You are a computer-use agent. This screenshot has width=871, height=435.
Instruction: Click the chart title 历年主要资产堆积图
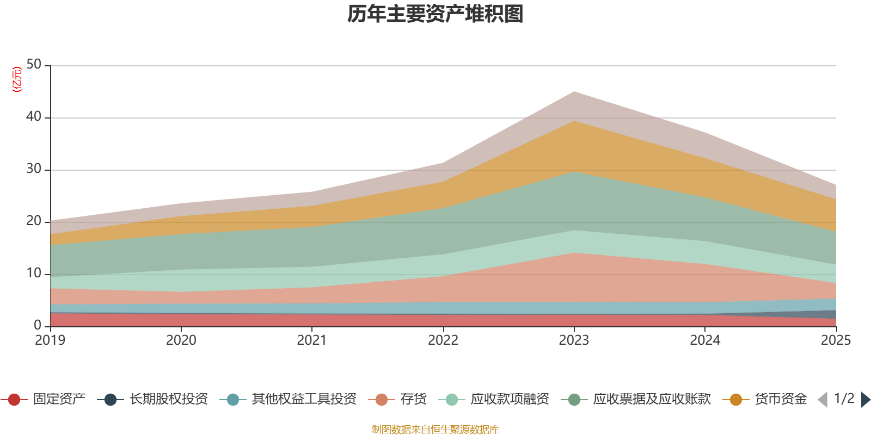tap(436, 14)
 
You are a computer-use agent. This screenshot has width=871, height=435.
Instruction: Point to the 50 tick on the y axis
tap(34, 64)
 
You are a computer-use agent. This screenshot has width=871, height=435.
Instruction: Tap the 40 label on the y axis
tap(34, 116)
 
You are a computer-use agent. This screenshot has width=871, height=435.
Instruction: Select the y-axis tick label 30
tap(34, 169)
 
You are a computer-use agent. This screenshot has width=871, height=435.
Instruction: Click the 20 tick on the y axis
tap(34, 221)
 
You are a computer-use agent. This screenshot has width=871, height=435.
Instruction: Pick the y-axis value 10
tap(34, 273)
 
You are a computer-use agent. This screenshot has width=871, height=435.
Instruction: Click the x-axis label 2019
tap(50, 340)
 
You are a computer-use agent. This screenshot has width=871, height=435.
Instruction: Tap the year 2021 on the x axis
tap(312, 340)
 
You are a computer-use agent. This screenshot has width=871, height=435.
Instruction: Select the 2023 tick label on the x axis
tap(574, 340)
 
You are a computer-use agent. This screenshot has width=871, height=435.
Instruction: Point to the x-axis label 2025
tap(835, 340)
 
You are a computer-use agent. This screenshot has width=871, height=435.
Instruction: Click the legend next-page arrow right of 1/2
tap(865, 400)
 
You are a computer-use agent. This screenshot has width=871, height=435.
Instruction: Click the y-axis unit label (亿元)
tap(17, 79)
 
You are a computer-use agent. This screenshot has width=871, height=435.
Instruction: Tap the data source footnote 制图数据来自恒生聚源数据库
tap(436, 430)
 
